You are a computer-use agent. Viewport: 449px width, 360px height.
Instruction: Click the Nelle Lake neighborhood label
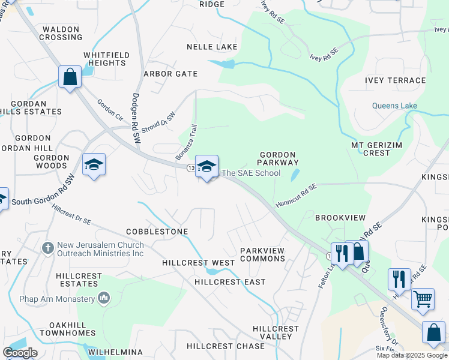point(212,47)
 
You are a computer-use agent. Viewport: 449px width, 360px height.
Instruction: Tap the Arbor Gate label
point(170,74)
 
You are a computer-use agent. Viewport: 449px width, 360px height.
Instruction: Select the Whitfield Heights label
point(106,59)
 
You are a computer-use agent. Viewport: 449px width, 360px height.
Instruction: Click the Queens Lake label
point(394,106)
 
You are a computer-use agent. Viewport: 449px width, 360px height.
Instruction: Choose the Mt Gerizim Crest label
point(379,149)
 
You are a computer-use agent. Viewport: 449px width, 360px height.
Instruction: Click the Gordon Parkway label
point(278,158)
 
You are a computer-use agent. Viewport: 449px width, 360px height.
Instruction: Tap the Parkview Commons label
point(262,254)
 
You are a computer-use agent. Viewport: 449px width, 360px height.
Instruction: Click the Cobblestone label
point(157,232)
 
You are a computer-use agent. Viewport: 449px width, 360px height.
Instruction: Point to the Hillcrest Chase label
point(226,346)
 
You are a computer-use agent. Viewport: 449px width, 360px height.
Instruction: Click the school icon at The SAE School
point(206,166)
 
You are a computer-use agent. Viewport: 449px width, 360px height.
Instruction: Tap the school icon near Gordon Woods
point(94,164)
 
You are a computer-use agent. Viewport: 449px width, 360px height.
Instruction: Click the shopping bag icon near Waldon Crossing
point(70,77)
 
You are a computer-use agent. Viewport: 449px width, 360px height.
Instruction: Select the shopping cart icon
point(423,298)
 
